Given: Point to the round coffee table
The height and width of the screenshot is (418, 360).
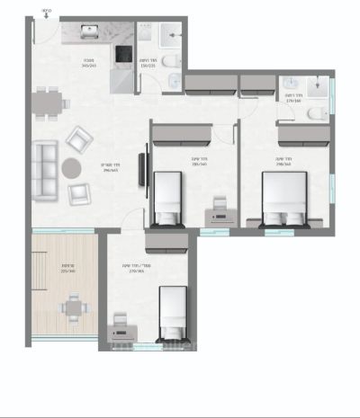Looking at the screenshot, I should point(71,167).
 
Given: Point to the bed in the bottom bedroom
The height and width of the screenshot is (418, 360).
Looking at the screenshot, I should point(172,310).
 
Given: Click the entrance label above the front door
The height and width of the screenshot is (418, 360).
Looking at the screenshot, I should point(47,12).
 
